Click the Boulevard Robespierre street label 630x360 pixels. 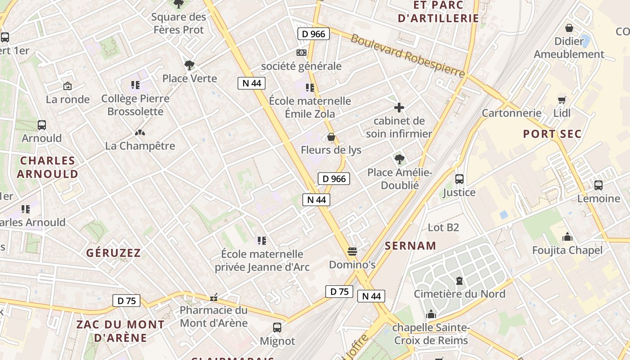[408, 56]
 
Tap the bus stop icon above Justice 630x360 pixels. [459, 179]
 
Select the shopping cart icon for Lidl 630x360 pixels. [562, 100]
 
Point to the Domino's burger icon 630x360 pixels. [352, 251]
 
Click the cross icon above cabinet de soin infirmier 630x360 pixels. [399, 108]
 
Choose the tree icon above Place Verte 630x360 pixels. [189, 65]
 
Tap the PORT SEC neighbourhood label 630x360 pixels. [552, 134]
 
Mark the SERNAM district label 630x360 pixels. [410, 246]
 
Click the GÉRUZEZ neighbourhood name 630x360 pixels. [113, 253]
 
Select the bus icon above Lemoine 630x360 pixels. [598, 185]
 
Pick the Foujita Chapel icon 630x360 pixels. [567, 237]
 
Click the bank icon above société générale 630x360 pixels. [301, 53]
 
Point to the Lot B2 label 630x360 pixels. [443, 227]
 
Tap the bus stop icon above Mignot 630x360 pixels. [277, 328]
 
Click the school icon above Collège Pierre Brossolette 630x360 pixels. [135, 85]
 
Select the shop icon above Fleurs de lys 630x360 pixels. [331, 137]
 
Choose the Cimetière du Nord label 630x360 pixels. [459, 294]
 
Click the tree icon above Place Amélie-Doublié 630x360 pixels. [399, 159]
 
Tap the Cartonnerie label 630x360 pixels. [512, 113]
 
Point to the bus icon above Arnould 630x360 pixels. [42, 125]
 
